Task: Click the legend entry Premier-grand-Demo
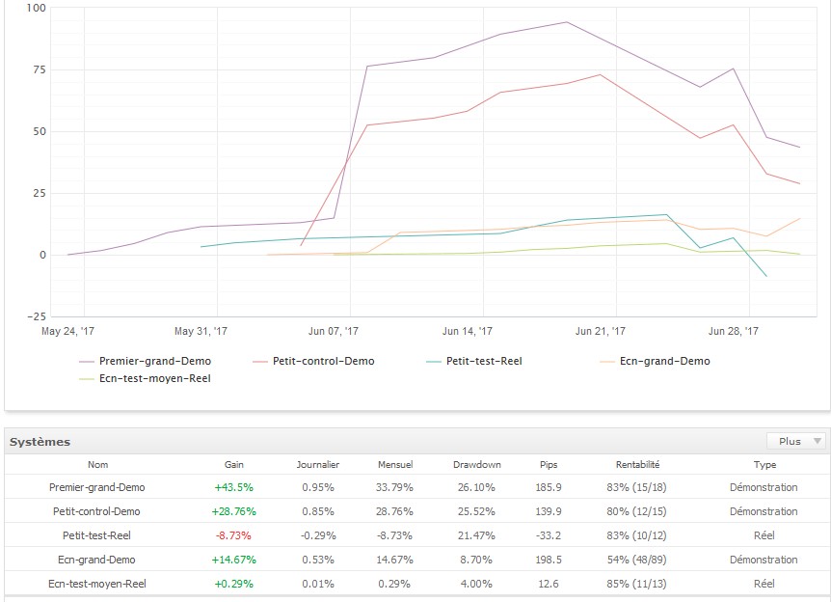[x=154, y=362]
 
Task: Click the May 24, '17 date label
[x=67, y=330]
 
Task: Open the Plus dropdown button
[x=796, y=441]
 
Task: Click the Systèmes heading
[x=40, y=442]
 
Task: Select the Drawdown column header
[x=477, y=464]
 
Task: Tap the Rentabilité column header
[x=637, y=464]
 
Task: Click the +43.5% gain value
[x=234, y=487]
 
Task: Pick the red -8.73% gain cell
[x=234, y=534]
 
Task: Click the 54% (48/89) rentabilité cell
[x=637, y=559]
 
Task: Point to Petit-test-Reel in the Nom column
[x=97, y=534]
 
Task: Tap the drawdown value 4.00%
[x=477, y=583]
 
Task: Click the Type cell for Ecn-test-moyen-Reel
[x=764, y=583]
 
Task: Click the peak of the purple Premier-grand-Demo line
[x=566, y=22]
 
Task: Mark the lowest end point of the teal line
[x=766, y=277]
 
